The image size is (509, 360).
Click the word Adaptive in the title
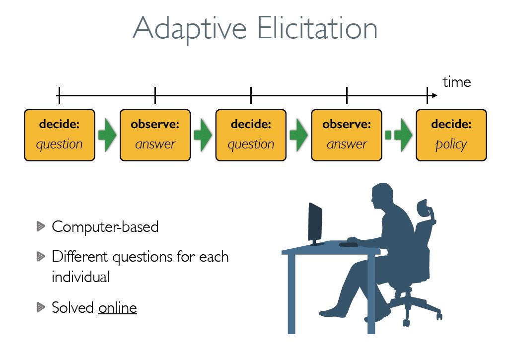click(x=190, y=29)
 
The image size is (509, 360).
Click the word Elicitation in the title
click(x=317, y=28)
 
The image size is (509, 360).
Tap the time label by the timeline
click(x=456, y=82)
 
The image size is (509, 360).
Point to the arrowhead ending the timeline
click(x=435, y=95)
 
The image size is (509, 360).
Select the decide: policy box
click(x=451, y=135)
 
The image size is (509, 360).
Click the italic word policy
click(x=451, y=144)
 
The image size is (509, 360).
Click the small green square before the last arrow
click(x=388, y=135)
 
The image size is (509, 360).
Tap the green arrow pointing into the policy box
click(x=403, y=135)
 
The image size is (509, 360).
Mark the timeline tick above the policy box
click(x=427, y=95)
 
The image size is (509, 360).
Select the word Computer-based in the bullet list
click(x=105, y=227)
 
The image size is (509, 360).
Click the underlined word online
click(x=118, y=308)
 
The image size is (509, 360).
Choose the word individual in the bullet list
click(x=80, y=277)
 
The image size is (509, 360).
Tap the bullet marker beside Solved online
click(x=41, y=307)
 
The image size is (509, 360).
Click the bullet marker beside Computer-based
click(x=41, y=226)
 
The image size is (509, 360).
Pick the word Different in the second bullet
click(x=79, y=256)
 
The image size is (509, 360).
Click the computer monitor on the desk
click(x=315, y=223)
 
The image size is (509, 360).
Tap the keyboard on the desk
click(x=348, y=244)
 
